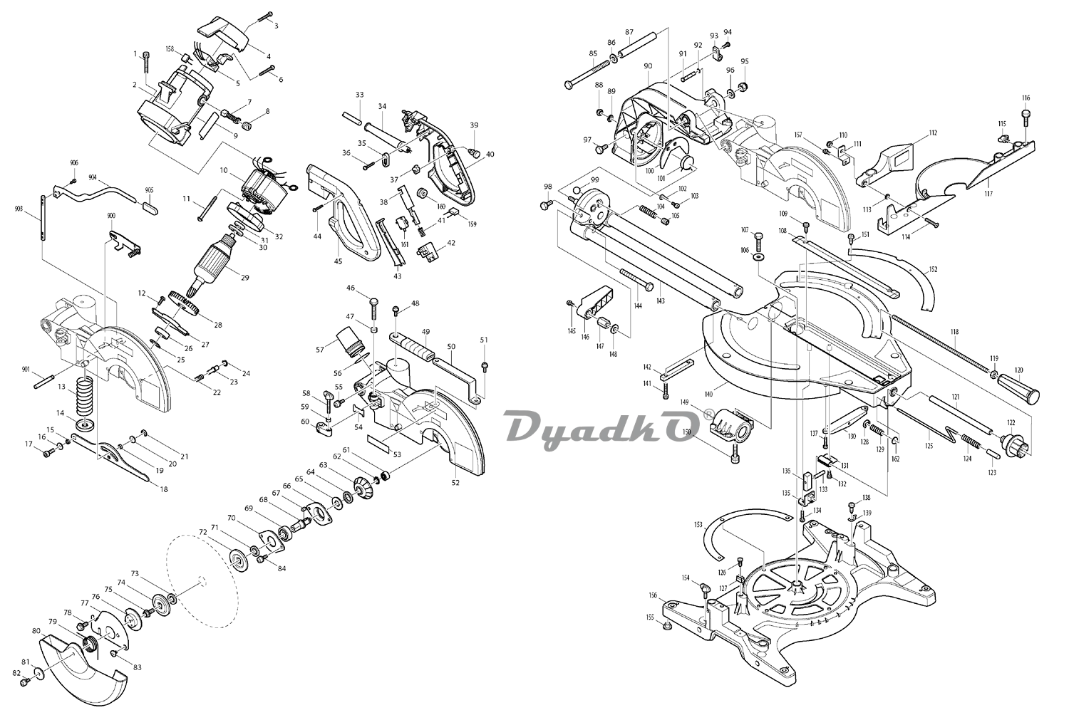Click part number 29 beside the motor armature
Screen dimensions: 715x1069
[244, 277]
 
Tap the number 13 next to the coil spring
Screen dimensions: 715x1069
[61, 387]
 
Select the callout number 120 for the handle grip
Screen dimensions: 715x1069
[1018, 370]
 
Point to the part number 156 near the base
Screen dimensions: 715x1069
[652, 595]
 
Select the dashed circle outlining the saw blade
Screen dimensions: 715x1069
[201, 580]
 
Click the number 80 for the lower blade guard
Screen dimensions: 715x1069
[36, 631]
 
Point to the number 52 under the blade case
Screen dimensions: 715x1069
[455, 483]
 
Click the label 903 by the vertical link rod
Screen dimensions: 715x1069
[19, 209]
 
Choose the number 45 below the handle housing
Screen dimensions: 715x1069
[338, 261]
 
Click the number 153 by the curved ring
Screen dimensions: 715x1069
[698, 525]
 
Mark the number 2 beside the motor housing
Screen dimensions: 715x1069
[134, 85]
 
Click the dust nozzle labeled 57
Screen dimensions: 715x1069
[351, 340]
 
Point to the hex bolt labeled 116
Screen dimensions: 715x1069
[1026, 114]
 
